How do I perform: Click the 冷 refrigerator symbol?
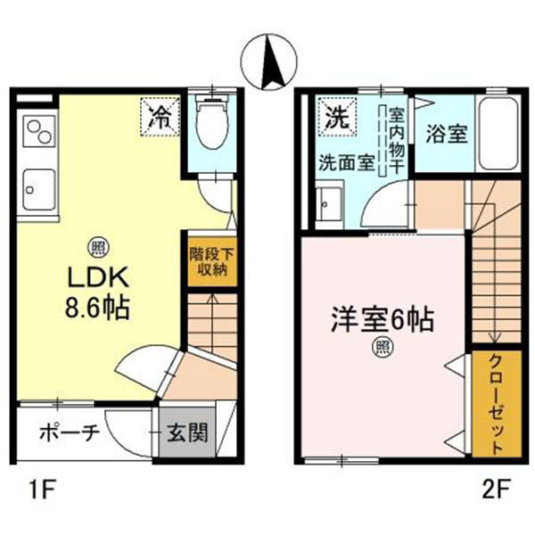(160, 116)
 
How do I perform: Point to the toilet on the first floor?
(211, 125)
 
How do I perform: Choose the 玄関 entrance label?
(188, 433)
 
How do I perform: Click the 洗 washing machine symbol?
(336, 116)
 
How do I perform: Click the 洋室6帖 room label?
(383, 318)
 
